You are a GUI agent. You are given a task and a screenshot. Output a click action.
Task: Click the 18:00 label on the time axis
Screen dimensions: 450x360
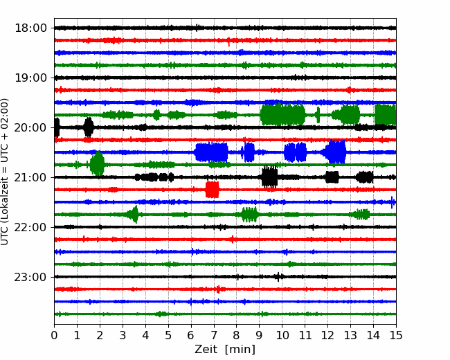[30, 28]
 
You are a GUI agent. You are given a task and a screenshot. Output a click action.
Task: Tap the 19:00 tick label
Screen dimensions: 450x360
[30, 78]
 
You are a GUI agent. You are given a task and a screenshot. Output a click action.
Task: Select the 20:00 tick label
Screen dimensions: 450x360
[30, 127]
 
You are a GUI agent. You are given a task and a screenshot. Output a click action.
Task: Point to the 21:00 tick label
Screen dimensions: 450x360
[30, 177]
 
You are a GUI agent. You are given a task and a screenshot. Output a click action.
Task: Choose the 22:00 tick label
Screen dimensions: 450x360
[30, 227]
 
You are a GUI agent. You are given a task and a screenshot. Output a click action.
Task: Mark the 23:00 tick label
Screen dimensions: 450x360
[30, 277]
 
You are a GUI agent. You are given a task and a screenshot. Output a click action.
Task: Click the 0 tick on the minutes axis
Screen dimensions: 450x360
[54, 335]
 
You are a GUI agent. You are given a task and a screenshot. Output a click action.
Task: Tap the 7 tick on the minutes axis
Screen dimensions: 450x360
[214, 335]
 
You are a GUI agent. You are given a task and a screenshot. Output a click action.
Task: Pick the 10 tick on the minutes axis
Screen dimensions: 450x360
[282, 335]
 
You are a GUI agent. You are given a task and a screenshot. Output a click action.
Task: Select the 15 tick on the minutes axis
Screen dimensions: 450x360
[396, 335]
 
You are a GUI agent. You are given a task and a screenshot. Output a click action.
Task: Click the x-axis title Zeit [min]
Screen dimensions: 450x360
[225, 350]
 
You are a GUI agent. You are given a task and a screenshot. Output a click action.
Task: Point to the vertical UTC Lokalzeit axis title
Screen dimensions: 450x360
[4, 172]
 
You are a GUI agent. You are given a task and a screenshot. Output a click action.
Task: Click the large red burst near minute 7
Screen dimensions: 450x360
[213, 190]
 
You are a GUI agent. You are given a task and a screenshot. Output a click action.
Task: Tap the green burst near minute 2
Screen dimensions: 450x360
[98, 163]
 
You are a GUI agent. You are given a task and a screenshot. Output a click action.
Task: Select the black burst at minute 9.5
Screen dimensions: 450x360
[270, 177]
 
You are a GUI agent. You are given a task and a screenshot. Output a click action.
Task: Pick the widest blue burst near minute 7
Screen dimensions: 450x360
[211, 152]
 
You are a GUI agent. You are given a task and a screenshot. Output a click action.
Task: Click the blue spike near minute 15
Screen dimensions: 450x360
[392, 202]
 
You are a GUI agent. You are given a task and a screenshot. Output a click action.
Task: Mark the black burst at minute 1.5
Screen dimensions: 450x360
[89, 127]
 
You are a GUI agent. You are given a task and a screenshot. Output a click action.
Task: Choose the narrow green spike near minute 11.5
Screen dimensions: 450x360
[318, 115]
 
